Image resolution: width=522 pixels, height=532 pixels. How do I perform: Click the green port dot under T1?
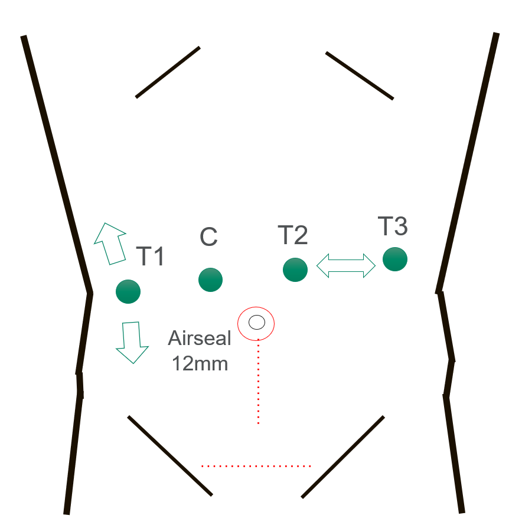pos(128,291)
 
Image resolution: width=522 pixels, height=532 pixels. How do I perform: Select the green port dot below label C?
pos(211,280)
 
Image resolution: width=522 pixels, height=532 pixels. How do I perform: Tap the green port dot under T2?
pos(295,270)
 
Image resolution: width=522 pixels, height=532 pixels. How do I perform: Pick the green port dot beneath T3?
pos(395,259)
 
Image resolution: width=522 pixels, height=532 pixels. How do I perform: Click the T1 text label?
pos(151,256)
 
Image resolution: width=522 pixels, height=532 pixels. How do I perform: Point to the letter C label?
pos(208,237)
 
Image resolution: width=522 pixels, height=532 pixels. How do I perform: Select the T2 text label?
pos(293,235)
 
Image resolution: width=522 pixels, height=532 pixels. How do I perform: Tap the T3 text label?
pos(393,226)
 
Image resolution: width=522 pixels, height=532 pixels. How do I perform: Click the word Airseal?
pos(200,338)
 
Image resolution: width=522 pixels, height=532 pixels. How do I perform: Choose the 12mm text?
pos(200,364)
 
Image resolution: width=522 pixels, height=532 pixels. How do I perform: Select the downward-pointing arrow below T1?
pos(132,342)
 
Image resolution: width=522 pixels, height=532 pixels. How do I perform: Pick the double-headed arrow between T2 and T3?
pos(345,265)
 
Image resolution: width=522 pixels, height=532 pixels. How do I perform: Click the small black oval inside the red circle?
pos(257,322)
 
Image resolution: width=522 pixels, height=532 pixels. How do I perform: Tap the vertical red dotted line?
pos(259,382)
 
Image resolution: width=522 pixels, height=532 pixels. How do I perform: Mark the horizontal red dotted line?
pos(256,466)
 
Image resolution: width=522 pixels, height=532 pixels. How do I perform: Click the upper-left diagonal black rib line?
pos(168,73)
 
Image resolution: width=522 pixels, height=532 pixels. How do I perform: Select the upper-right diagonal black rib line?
pos(360,75)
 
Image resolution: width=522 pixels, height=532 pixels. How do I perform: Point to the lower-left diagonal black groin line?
pos(170,456)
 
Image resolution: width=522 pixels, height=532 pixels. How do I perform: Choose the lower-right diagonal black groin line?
pos(342,457)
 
